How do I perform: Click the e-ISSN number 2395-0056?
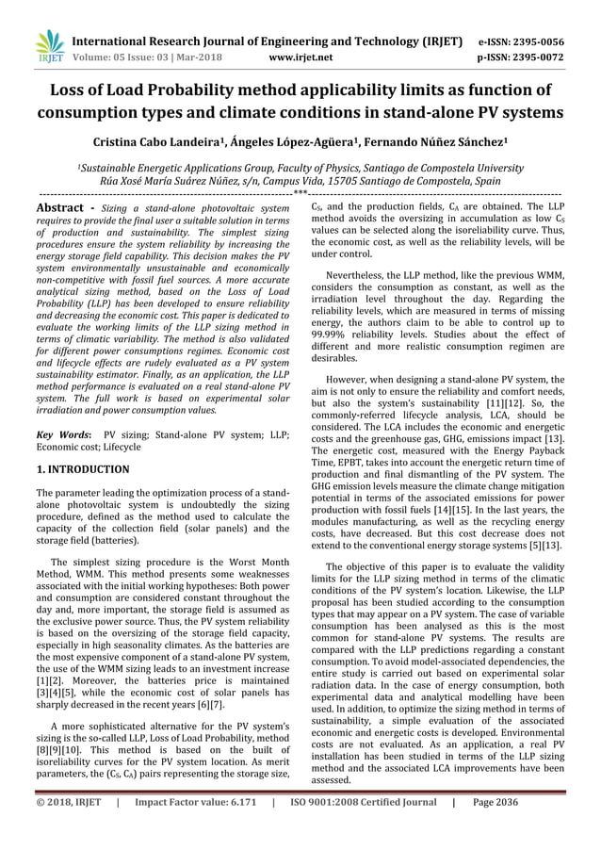(x=535, y=41)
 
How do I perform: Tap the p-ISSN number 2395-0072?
(x=535, y=57)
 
